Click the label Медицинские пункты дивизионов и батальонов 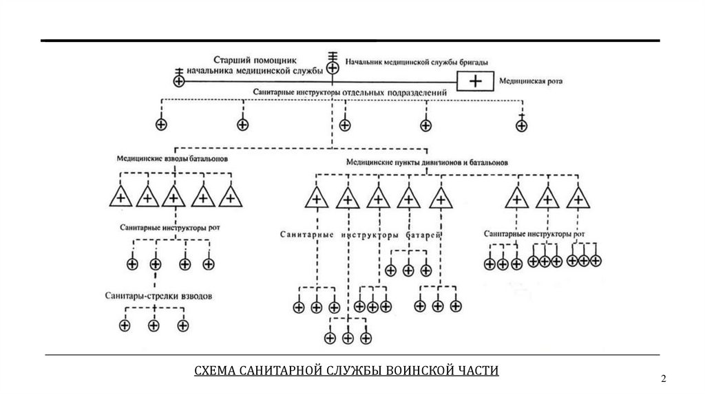click(427, 164)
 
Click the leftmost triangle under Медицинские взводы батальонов click(121, 197)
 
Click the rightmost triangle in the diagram click(579, 198)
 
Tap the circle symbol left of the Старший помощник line click(179, 81)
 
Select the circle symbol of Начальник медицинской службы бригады click(333, 67)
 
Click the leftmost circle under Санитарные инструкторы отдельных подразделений click(161, 125)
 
